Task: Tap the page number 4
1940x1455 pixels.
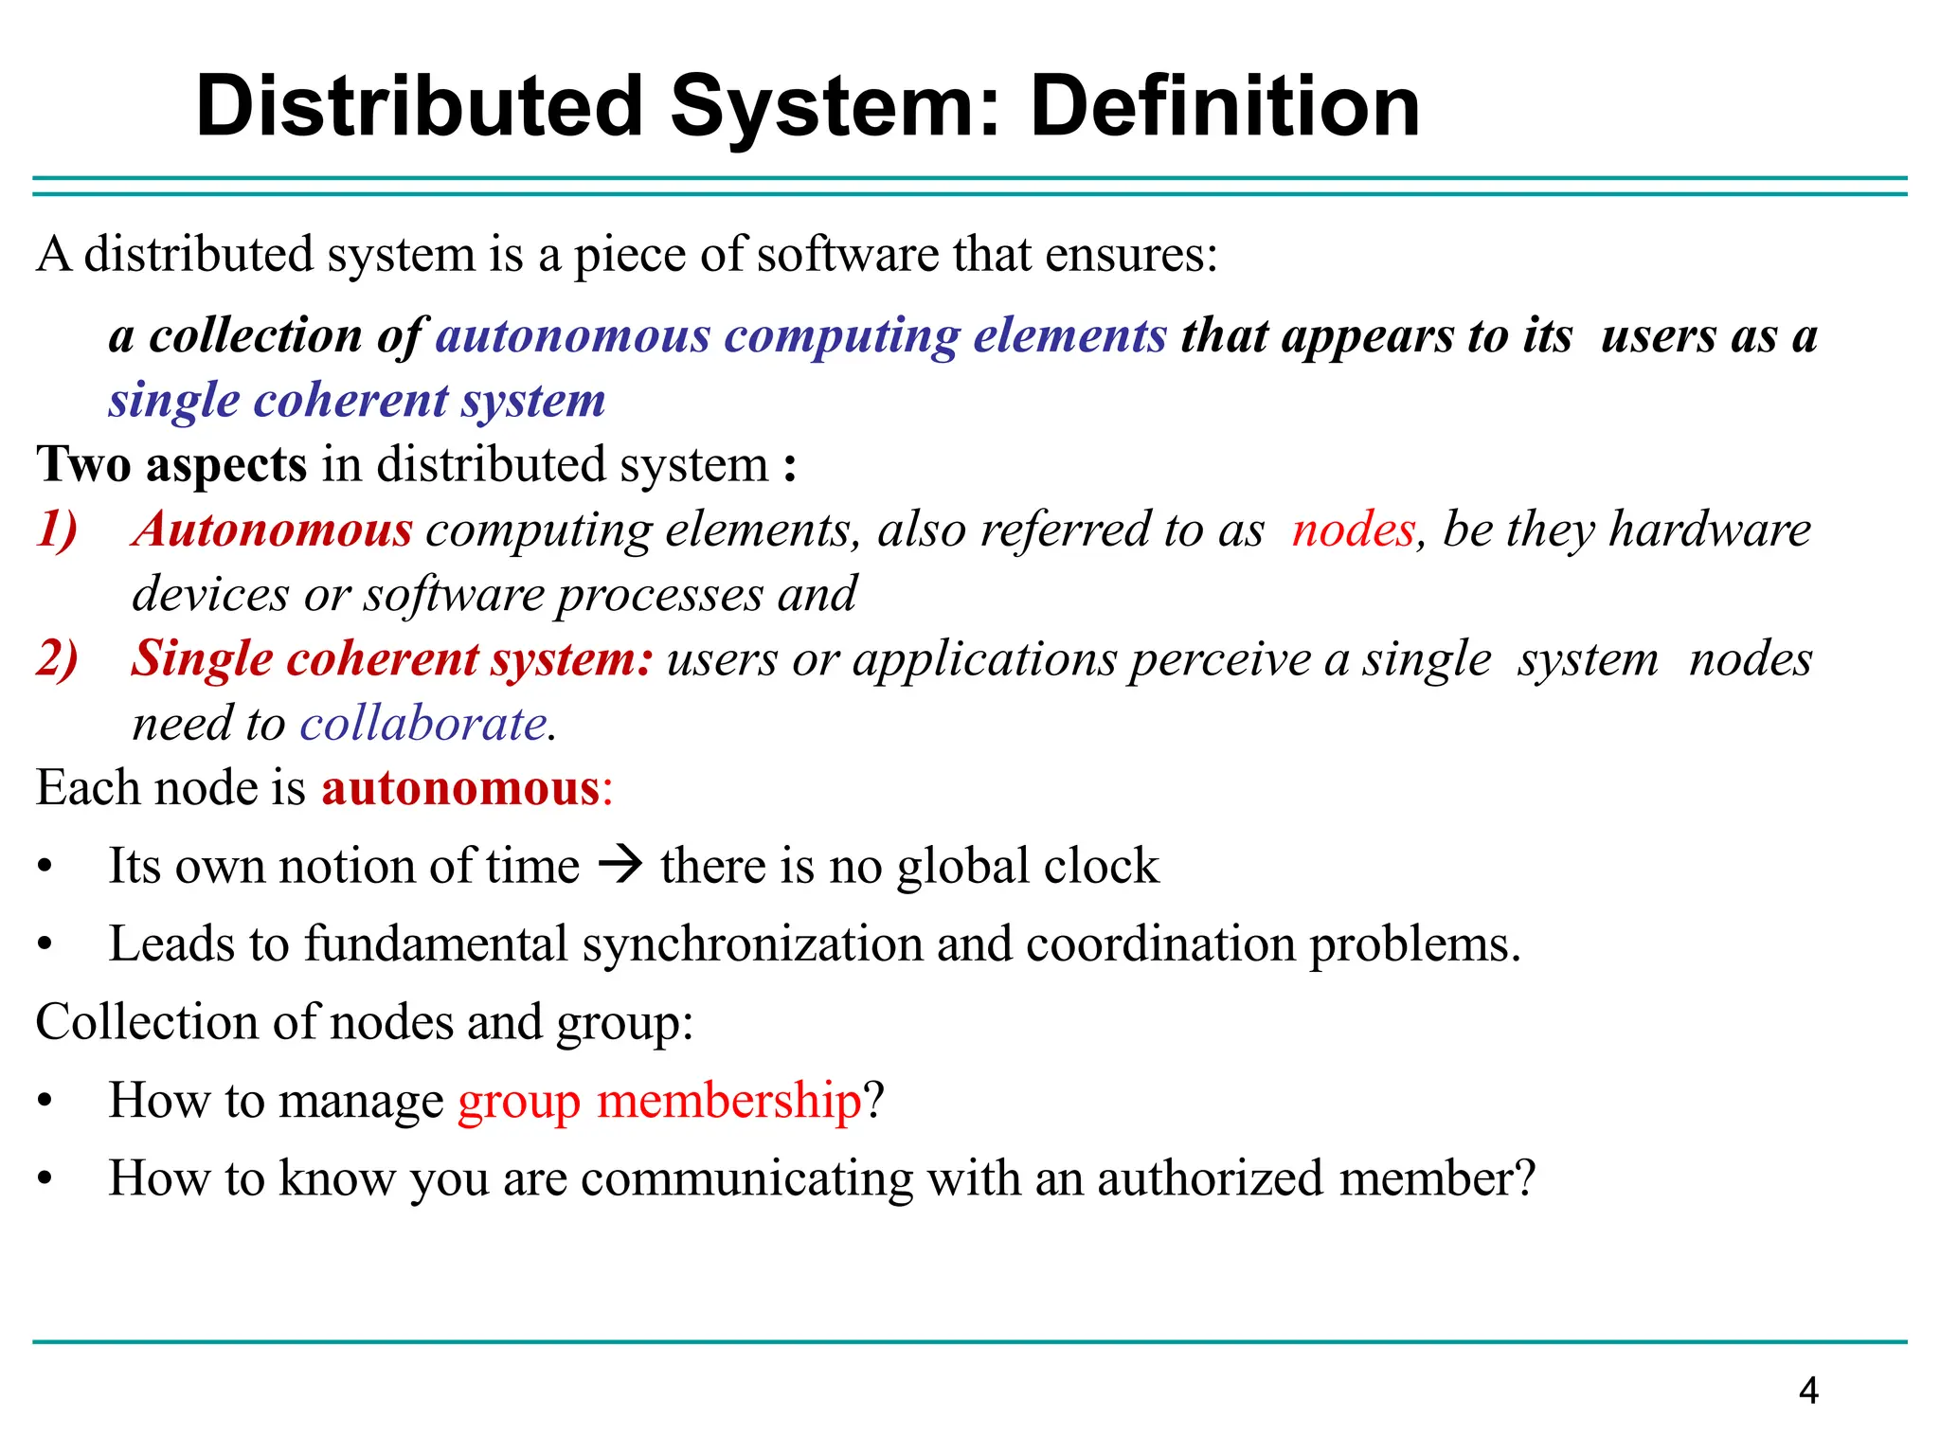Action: click(1807, 1391)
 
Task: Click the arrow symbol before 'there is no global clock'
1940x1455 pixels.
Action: click(620, 865)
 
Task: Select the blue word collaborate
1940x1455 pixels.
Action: click(423, 725)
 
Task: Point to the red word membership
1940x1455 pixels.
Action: click(728, 1101)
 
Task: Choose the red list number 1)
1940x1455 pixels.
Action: click(57, 529)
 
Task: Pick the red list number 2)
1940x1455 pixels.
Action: click(57, 658)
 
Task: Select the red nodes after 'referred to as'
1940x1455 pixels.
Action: click(1353, 529)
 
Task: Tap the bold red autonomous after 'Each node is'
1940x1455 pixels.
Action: click(460, 788)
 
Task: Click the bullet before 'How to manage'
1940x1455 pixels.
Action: click(45, 1102)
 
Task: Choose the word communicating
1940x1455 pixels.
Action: click(746, 1178)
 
